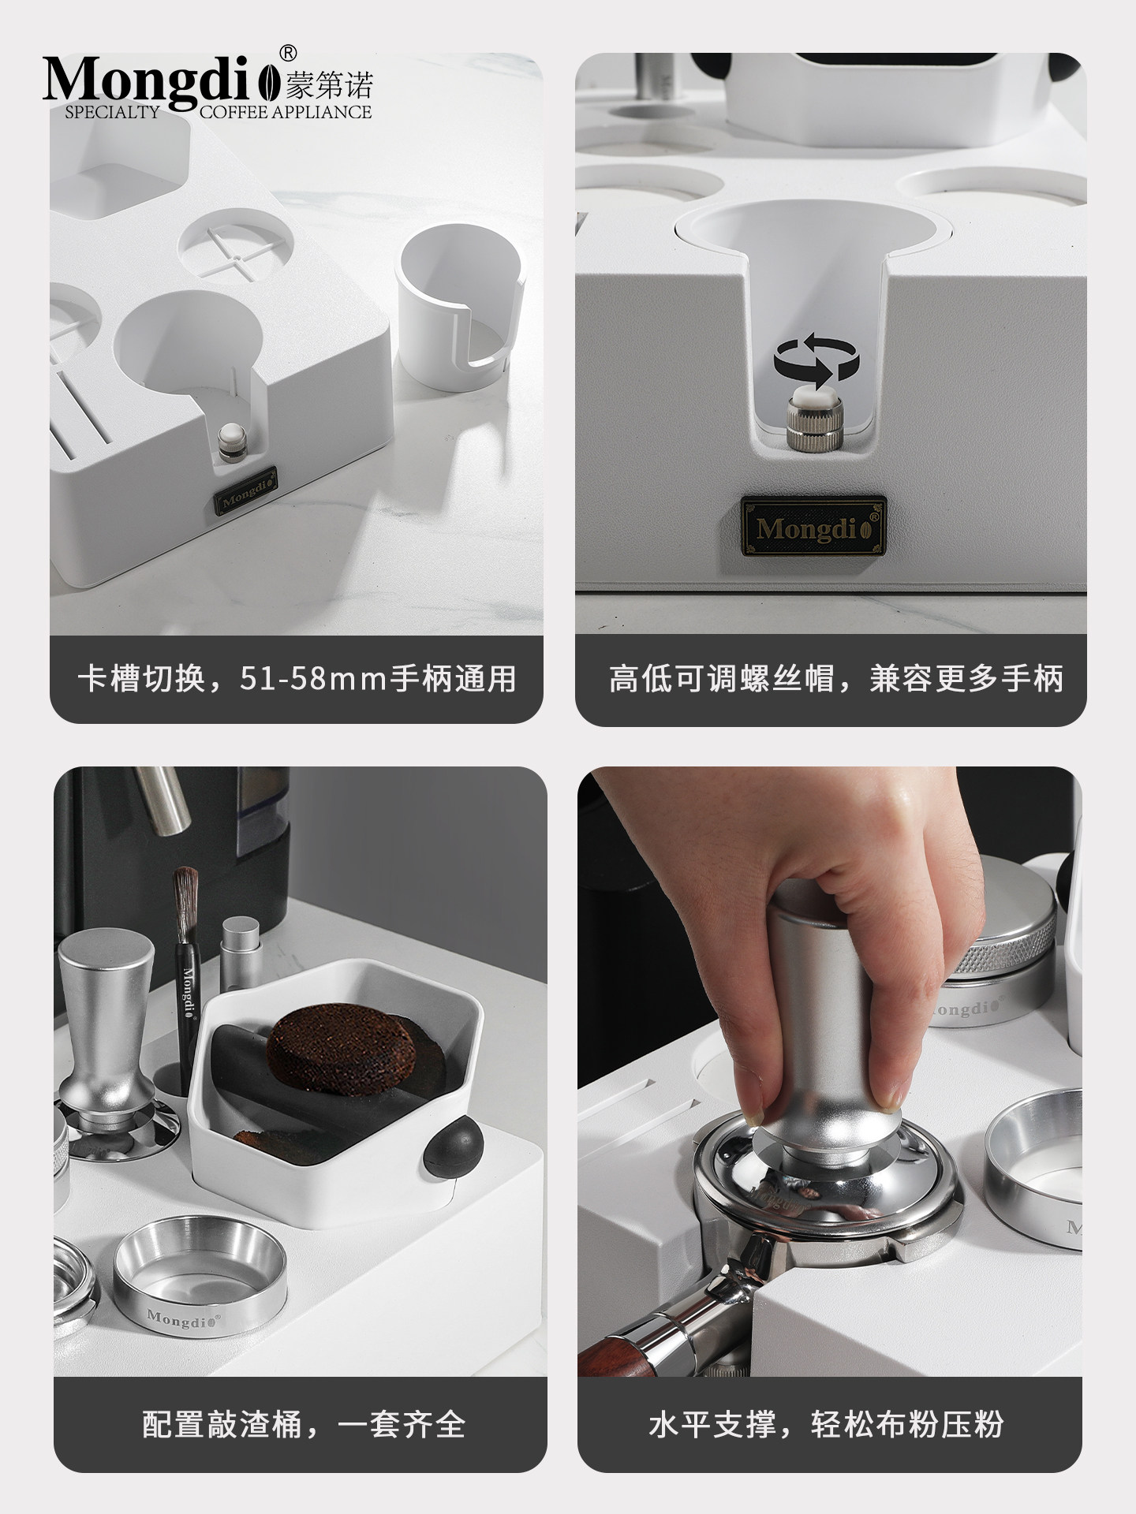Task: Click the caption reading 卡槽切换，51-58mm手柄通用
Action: [x=297, y=679]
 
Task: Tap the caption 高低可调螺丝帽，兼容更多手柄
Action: [x=836, y=679]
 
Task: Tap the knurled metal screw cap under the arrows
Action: [x=813, y=427]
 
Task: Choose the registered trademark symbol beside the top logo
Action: [x=290, y=53]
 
